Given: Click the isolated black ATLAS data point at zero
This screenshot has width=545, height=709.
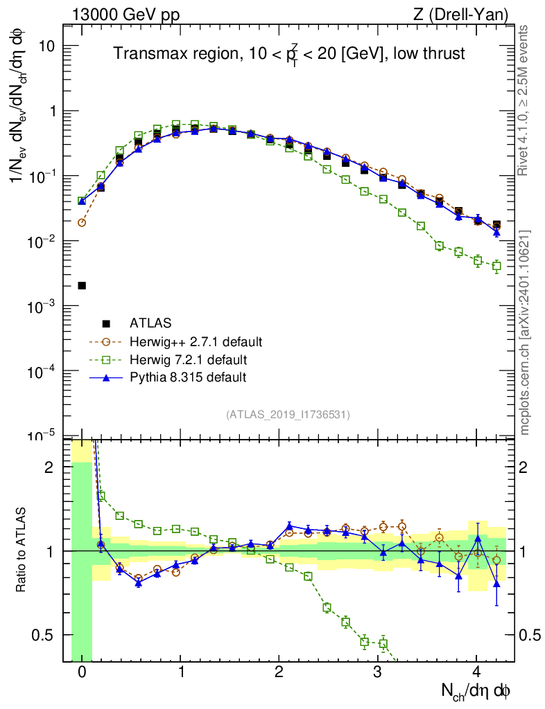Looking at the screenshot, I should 82,285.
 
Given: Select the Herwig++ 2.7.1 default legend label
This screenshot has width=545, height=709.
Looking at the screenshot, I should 196,342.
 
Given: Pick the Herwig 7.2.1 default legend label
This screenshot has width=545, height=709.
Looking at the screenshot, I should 188,360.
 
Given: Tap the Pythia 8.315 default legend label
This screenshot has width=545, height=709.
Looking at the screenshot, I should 188,377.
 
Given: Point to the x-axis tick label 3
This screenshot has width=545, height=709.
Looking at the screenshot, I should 377,672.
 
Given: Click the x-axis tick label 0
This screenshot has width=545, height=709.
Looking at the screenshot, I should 82,672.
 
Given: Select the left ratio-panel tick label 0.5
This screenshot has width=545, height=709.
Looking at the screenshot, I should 47,635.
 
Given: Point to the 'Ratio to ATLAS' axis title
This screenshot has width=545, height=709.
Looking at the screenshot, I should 23,550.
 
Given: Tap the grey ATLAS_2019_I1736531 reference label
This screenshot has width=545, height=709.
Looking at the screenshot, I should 288,415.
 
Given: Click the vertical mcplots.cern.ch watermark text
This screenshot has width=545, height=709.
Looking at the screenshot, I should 525,332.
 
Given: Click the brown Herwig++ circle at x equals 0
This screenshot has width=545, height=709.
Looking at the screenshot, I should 82,222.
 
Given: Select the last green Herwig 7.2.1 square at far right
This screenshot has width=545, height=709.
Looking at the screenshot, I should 496,266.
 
